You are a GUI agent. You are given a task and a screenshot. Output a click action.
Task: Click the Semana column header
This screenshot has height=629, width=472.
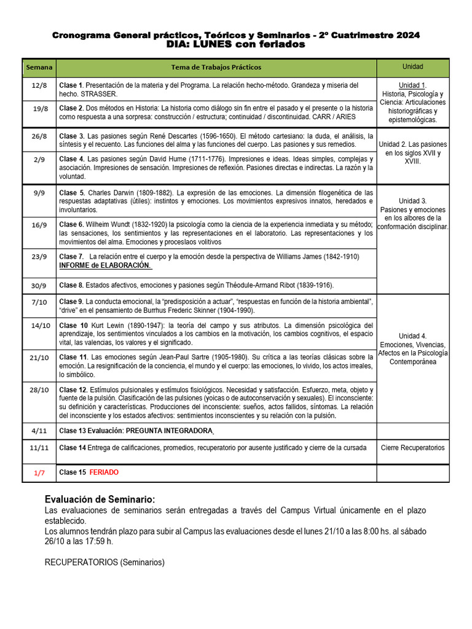39,67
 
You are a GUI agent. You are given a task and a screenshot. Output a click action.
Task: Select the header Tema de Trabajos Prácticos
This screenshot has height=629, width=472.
216,67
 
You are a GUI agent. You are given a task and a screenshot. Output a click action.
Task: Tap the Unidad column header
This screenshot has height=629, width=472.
412,66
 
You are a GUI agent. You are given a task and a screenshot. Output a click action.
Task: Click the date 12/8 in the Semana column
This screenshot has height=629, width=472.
39,85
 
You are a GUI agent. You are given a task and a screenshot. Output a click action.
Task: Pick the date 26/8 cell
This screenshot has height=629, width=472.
39,136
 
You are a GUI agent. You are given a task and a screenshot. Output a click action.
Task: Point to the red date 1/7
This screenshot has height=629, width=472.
39,473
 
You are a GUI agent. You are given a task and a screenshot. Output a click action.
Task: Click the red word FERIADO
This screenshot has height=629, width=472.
104,472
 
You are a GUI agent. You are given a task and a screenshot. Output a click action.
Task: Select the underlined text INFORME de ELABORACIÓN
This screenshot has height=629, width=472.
104,265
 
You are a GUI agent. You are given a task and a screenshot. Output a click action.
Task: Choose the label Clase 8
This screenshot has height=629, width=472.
71,285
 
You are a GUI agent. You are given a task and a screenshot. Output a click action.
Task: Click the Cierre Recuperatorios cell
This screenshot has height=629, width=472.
412,448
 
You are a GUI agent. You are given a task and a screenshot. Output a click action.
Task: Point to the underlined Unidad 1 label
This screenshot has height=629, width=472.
412,85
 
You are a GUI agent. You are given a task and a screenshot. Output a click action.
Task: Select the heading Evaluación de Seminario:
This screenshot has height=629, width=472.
100,500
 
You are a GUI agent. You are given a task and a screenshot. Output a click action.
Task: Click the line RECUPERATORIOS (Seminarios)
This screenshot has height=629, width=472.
105,562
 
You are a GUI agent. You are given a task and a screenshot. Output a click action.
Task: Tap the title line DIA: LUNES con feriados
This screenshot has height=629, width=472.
235,45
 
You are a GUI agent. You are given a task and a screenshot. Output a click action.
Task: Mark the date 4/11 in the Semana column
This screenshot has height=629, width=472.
39,431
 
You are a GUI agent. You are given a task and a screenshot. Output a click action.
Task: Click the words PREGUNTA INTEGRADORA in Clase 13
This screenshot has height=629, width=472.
169,431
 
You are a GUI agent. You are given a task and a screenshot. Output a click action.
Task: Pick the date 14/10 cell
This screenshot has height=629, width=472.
39,326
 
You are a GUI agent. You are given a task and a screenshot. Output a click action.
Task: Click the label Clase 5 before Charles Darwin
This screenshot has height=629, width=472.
71,192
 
